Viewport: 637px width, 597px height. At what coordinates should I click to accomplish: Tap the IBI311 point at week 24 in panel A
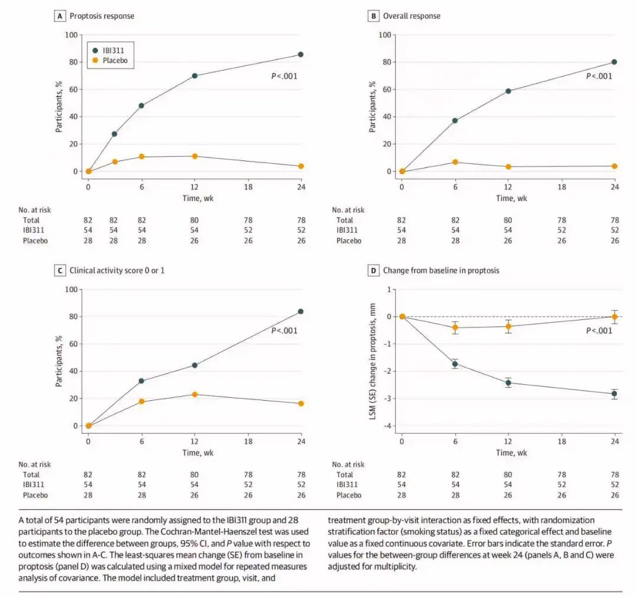[x=301, y=54]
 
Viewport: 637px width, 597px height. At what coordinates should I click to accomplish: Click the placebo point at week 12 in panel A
[x=195, y=156]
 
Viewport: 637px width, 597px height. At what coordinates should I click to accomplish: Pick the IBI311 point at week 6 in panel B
[x=455, y=120]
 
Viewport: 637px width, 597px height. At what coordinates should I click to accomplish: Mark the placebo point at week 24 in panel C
[x=301, y=403]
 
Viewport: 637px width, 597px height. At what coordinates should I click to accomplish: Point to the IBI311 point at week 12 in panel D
[x=508, y=382]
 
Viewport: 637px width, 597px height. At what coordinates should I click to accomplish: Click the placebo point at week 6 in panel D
[x=455, y=327]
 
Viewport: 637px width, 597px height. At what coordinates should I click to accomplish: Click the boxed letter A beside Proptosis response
[x=59, y=16]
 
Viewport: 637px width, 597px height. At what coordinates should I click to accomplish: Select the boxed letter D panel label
[x=373, y=271]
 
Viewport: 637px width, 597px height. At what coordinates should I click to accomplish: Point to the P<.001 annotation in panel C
[x=284, y=331]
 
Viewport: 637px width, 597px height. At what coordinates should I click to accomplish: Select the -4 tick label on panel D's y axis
[x=388, y=426]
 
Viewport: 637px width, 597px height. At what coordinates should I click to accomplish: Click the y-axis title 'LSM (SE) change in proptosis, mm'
[x=373, y=358]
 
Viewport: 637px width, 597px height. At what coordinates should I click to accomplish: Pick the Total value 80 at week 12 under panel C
[x=195, y=474]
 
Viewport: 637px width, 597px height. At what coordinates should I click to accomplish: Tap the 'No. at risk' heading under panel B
[x=348, y=210]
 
